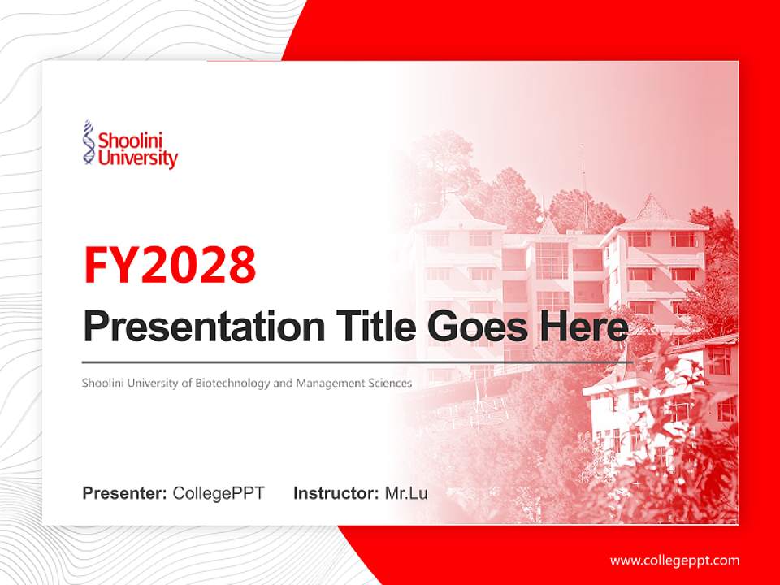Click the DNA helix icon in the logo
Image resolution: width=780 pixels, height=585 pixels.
89,144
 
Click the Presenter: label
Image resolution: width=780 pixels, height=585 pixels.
124,493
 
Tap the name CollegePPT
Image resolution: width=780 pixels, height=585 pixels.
219,493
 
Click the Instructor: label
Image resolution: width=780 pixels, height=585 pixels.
336,493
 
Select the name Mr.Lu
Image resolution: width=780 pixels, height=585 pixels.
406,493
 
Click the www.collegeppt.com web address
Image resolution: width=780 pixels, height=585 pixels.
674,560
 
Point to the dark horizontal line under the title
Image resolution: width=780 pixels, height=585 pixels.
357,362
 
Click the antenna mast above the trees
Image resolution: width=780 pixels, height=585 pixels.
582,183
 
